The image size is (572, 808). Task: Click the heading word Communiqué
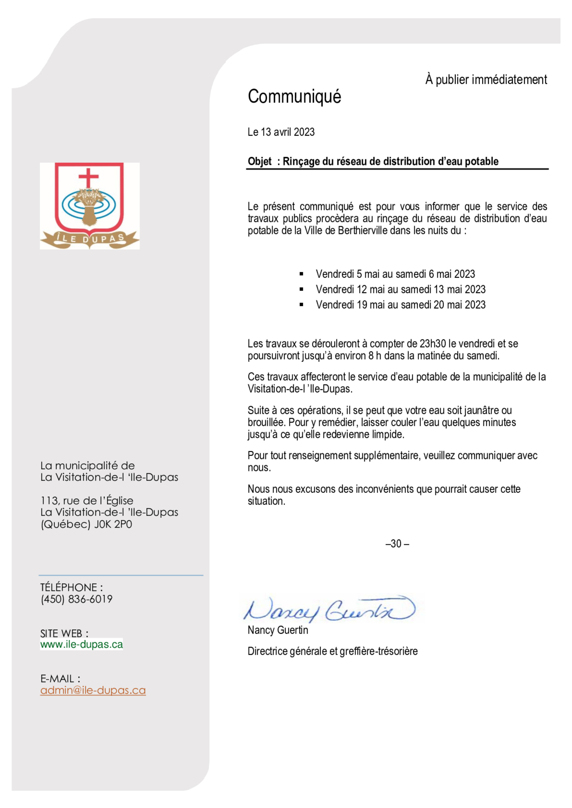(x=294, y=97)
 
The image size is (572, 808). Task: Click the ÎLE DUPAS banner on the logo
(x=90, y=239)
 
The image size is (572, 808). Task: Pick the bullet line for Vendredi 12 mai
(x=400, y=289)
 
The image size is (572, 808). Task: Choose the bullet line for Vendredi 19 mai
(x=400, y=305)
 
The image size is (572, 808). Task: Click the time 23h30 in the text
(x=433, y=343)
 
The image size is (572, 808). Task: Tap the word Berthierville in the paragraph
(x=363, y=231)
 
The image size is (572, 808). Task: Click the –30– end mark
(x=397, y=544)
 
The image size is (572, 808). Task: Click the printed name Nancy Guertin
(x=278, y=630)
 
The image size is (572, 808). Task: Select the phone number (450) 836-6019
(x=77, y=599)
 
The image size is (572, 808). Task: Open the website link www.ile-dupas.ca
(x=81, y=644)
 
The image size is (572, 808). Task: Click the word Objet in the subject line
(x=259, y=162)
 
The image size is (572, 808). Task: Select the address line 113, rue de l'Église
(x=87, y=501)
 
